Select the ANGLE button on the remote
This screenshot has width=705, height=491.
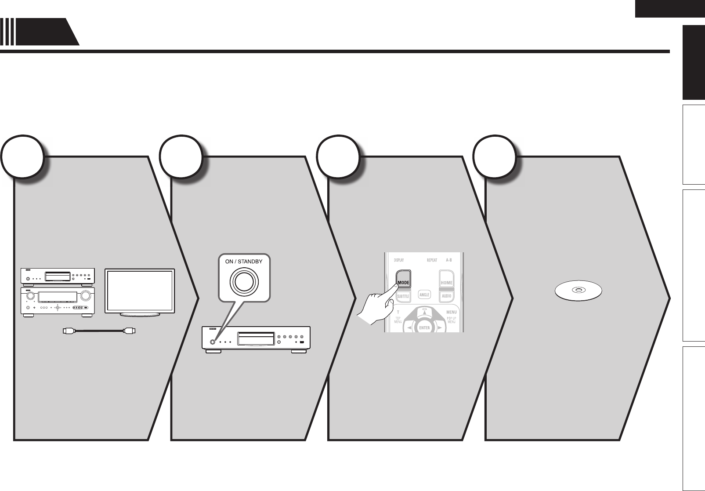pyautogui.click(x=424, y=295)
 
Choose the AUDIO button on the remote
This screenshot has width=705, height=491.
pyautogui.click(x=446, y=296)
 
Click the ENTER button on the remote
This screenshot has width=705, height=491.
pyautogui.click(x=424, y=327)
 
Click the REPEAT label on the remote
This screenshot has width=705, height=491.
pyautogui.click(x=432, y=260)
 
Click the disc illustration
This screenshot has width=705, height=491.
pyautogui.click(x=578, y=291)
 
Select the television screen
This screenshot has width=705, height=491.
pyautogui.click(x=140, y=290)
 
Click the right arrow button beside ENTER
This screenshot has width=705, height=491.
pyautogui.click(x=439, y=328)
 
